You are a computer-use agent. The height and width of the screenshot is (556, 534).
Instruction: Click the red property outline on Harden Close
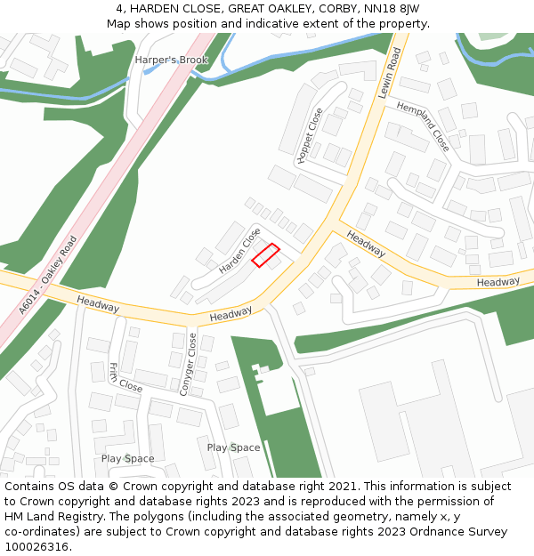tap(265, 255)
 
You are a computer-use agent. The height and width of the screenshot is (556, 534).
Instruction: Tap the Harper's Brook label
tap(171, 60)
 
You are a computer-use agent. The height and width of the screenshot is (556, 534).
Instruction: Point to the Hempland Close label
tap(423, 125)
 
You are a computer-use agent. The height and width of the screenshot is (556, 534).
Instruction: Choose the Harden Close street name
tap(239, 250)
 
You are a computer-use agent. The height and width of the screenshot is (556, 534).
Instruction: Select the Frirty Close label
tap(125, 378)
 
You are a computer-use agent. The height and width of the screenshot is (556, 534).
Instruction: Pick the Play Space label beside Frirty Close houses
tap(127, 459)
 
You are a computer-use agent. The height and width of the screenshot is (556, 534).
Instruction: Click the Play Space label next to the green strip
tap(233, 447)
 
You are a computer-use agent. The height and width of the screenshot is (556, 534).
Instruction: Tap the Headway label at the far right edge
tap(498, 282)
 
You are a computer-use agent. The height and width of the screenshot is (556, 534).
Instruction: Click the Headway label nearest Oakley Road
tap(98, 303)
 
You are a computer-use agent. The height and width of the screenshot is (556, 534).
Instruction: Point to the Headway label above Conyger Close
tap(231, 314)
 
